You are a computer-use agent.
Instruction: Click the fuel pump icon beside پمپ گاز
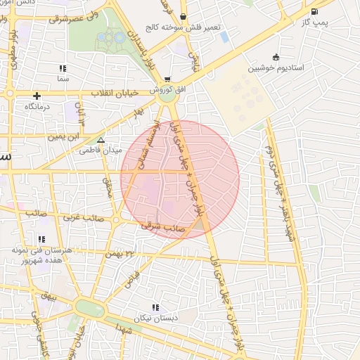[x=314, y=11]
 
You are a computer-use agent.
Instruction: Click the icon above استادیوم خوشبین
[x=275, y=57]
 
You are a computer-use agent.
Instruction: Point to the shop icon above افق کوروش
[x=167, y=79]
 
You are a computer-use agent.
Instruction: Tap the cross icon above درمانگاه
[x=37, y=95]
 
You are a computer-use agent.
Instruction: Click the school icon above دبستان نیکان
[x=155, y=307]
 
